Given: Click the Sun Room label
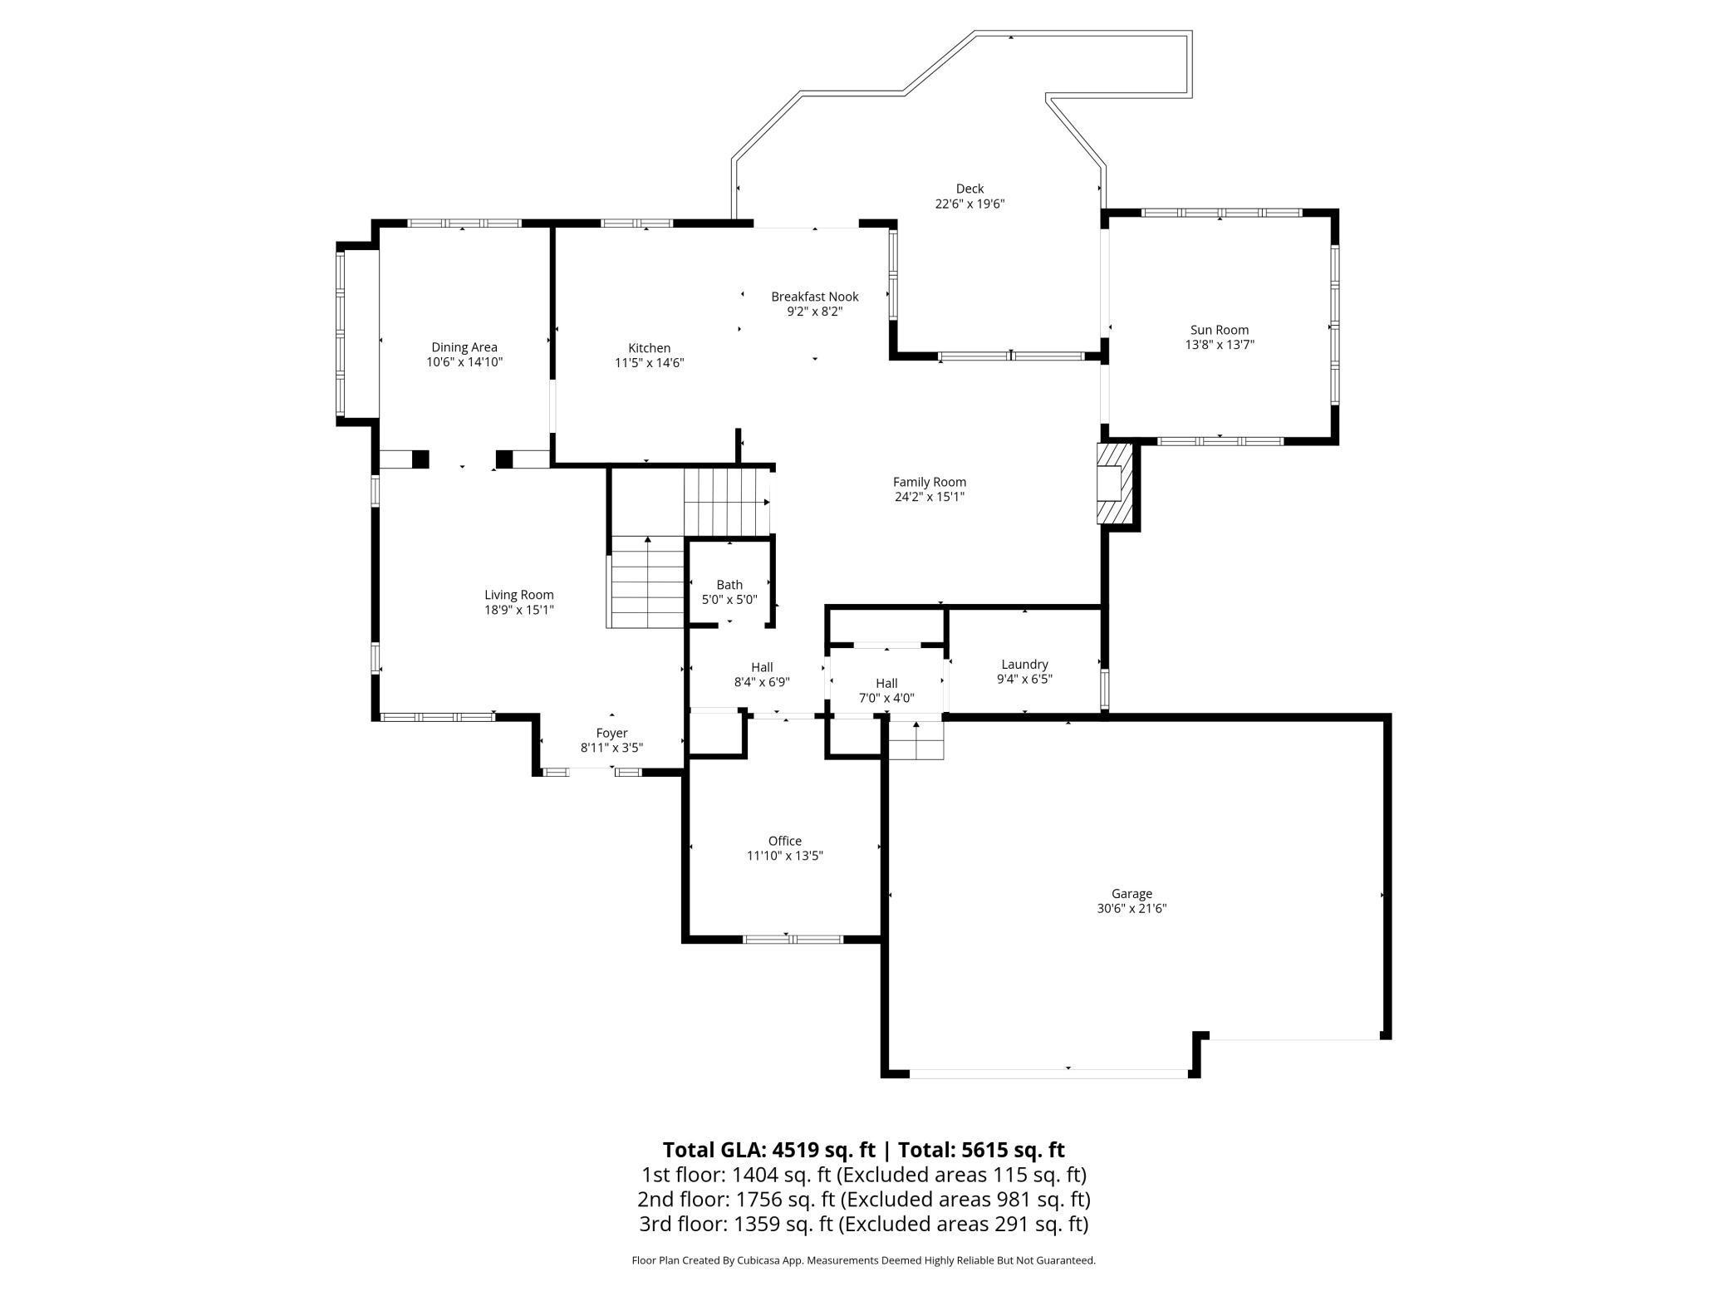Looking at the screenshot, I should (x=1219, y=330).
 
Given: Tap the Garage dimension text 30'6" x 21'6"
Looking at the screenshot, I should (x=1132, y=909).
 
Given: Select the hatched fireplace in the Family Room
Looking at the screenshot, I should (x=1115, y=483).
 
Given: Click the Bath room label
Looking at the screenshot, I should (x=729, y=585).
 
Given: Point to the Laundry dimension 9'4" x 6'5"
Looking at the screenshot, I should (x=1024, y=679).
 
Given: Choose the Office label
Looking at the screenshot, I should (x=784, y=841).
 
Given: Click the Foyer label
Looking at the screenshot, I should (x=611, y=733).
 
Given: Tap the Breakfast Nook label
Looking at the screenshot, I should (x=814, y=297).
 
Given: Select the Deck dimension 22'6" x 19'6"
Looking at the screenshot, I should (x=970, y=204).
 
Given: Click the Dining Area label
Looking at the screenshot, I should (x=464, y=347).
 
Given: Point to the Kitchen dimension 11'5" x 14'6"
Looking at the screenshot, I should (x=649, y=363).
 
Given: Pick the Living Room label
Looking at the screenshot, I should (x=518, y=595).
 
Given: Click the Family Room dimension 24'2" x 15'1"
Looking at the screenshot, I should (x=929, y=497).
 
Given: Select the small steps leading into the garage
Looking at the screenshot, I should (x=916, y=739).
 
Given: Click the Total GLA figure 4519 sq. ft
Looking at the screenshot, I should (x=823, y=1150).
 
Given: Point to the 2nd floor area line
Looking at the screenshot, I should (x=863, y=1199).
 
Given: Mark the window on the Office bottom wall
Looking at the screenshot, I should (x=793, y=940).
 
